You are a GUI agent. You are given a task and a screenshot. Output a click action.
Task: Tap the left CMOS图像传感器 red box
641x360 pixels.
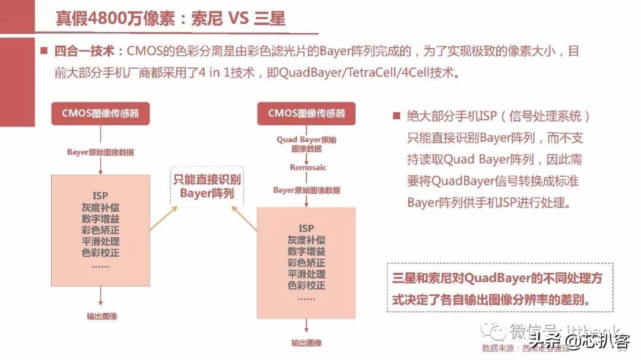click(x=100, y=113)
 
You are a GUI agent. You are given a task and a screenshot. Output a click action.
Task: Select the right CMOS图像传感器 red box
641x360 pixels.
click(x=306, y=113)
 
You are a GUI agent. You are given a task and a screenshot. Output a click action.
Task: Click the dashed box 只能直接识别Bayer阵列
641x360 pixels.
click(x=207, y=186)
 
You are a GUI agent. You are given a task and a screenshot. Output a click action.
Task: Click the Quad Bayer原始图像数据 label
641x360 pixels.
click(x=306, y=144)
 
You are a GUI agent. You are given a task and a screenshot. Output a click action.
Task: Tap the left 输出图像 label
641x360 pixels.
click(x=101, y=316)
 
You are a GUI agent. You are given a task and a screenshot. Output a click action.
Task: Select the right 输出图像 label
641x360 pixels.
click(x=306, y=343)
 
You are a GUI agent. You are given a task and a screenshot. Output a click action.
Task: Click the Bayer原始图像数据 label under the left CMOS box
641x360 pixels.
click(x=100, y=152)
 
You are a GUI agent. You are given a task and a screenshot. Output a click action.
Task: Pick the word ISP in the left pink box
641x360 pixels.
click(x=100, y=196)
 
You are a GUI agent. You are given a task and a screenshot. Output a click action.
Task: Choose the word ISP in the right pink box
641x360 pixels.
click(x=306, y=228)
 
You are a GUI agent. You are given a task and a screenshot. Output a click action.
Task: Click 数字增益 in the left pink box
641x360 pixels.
click(x=100, y=218)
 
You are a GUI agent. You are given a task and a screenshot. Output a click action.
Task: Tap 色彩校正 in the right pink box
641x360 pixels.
click(x=306, y=285)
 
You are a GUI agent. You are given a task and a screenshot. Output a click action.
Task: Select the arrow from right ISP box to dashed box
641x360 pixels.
click(x=244, y=218)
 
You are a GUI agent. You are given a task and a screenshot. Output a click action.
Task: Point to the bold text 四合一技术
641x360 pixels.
click(x=84, y=52)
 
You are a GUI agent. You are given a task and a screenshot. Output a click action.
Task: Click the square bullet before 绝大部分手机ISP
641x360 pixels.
click(x=396, y=116)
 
